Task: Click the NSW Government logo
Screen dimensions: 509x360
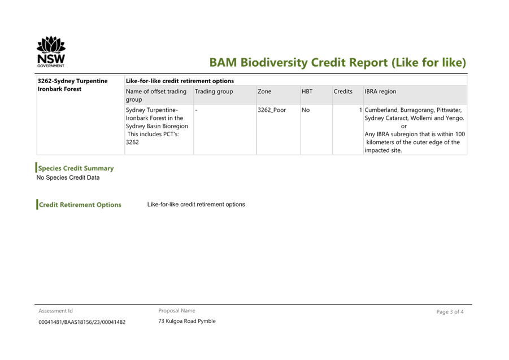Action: click(51, 53)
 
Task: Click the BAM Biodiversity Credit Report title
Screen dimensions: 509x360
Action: click(337, 63)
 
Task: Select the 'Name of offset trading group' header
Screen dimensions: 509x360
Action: click(156, 95)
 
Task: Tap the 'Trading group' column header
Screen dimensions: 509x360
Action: click(214, 92)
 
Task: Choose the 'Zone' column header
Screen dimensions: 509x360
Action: click(264, 92)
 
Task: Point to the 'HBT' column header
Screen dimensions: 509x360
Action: click(307, 92)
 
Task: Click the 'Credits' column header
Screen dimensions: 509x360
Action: click(343, 92)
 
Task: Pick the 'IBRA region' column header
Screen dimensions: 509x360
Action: click(380, 92)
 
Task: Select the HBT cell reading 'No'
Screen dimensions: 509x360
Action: click(306, 110)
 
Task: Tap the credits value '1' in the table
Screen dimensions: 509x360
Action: click(360, 110)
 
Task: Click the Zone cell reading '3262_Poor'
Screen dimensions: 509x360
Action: click(271, 110)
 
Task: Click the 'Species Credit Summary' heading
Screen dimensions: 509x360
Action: click(76, 168)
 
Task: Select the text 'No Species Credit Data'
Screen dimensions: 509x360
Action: click(68, 177)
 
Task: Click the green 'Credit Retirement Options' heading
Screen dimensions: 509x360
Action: click(80, 205)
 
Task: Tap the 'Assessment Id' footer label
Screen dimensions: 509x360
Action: click(55, 311)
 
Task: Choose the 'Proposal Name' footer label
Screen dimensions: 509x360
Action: click(177, 311)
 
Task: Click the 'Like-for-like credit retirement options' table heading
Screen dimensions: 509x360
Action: click(180, 81)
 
